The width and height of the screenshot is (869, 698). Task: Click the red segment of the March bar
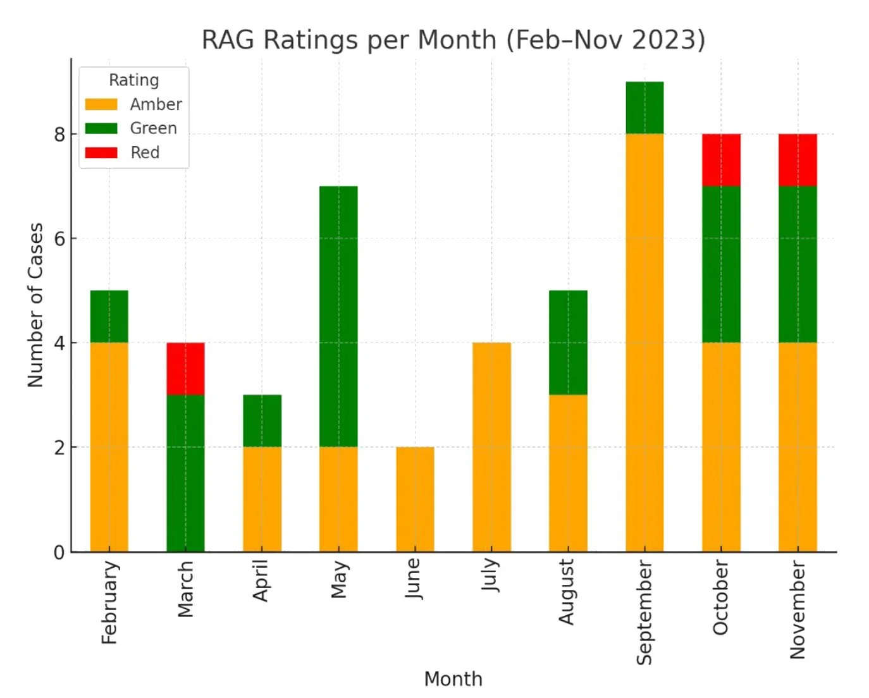[185, 369]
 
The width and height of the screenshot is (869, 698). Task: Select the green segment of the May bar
[338, 316]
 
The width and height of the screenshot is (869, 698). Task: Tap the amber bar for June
[415, 499]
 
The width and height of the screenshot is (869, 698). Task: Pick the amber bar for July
[491, 447]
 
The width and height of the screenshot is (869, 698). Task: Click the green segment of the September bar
[644, 107]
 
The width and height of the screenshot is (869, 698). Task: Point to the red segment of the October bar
[721, 160]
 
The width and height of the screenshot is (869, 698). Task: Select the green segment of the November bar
[798, 264]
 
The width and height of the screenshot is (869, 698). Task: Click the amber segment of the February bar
[109, 447]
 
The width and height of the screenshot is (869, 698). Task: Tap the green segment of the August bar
[568, 342]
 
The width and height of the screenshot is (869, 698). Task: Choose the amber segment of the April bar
[262, 499]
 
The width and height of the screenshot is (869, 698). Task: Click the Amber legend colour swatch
[101, 104]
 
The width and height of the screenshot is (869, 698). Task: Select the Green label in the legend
[153, 128]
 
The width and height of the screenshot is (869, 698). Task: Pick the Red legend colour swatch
[101, 152]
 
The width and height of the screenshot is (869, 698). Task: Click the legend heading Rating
[133, 80]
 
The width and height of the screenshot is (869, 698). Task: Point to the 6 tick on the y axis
[59, 238]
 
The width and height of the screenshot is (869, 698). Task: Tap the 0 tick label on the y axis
[59, 552]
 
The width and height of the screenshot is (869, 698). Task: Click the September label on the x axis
[644, 612]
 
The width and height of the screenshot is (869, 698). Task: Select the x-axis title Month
[453, 679]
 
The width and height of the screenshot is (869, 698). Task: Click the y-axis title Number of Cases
[35, 305]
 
